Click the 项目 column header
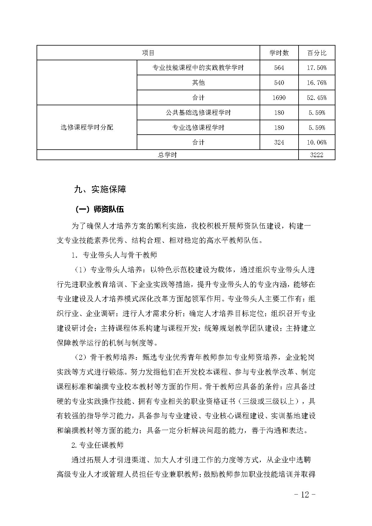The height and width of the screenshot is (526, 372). [148, 53]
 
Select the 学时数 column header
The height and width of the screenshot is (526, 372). [279, 53]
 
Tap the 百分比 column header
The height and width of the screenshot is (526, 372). [317, 53]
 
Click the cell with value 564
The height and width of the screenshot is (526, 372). [279, 68]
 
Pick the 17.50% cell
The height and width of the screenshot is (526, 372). [317, 68]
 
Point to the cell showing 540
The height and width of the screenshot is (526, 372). [279, 82]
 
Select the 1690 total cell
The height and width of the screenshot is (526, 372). [279, 97]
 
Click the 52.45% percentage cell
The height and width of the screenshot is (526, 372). [317, 97]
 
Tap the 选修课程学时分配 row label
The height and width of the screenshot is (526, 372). [87, 127]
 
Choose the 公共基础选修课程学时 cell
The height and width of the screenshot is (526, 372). [198, 112]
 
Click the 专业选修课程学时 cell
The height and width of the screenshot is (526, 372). [198, 127]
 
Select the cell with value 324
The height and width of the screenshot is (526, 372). [279, 142]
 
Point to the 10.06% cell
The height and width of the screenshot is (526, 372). [317, 142]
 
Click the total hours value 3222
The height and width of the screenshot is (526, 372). [317, 155]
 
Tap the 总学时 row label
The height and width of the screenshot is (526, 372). [167, 155]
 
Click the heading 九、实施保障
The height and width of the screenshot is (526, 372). [100, 189]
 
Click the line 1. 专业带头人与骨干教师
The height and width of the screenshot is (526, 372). [114, 255]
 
